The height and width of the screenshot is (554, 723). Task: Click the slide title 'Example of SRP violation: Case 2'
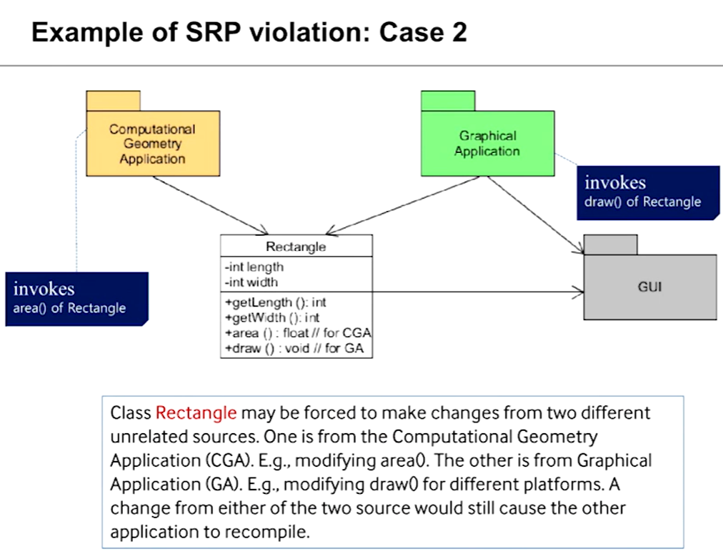[x=249, y=32]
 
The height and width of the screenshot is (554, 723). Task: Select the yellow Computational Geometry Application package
[x=152, y=144]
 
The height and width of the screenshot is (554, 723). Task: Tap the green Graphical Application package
[x=487, y=144]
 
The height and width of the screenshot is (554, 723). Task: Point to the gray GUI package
[x=649, y=287]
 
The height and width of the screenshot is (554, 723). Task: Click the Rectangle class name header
[x=296, y=247]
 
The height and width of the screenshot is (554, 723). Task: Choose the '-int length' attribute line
[x=254, y=267]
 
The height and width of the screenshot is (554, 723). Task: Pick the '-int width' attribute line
[x=251, y=282]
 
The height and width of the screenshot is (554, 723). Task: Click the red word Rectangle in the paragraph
[x=196, y=413]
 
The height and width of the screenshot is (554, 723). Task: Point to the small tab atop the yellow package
[x=113, y=101]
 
